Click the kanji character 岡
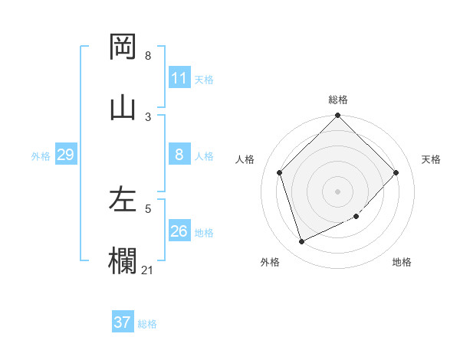[x=123, y=47]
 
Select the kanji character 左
[x=123, y=200]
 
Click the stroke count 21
[x=148, y=270]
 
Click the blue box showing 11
[x=179, y=78]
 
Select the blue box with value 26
[x=179, y=231]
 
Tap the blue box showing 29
[x=65, y=155]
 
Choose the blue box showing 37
[x=123, y=322]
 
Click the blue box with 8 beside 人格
[x=179, y=155]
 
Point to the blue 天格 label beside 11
[x=204, y=79]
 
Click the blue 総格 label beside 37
[x=147, y=324]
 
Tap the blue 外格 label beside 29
[x=41, y=156]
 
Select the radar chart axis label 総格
[x=338, y=100]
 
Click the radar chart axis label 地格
[x=402, y=262]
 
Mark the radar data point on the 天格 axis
[x=396, y=172]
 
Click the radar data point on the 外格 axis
[x=301, y=242]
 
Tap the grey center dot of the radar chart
[x=338, y=191]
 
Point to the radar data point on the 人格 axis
[x=280, y=172]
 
